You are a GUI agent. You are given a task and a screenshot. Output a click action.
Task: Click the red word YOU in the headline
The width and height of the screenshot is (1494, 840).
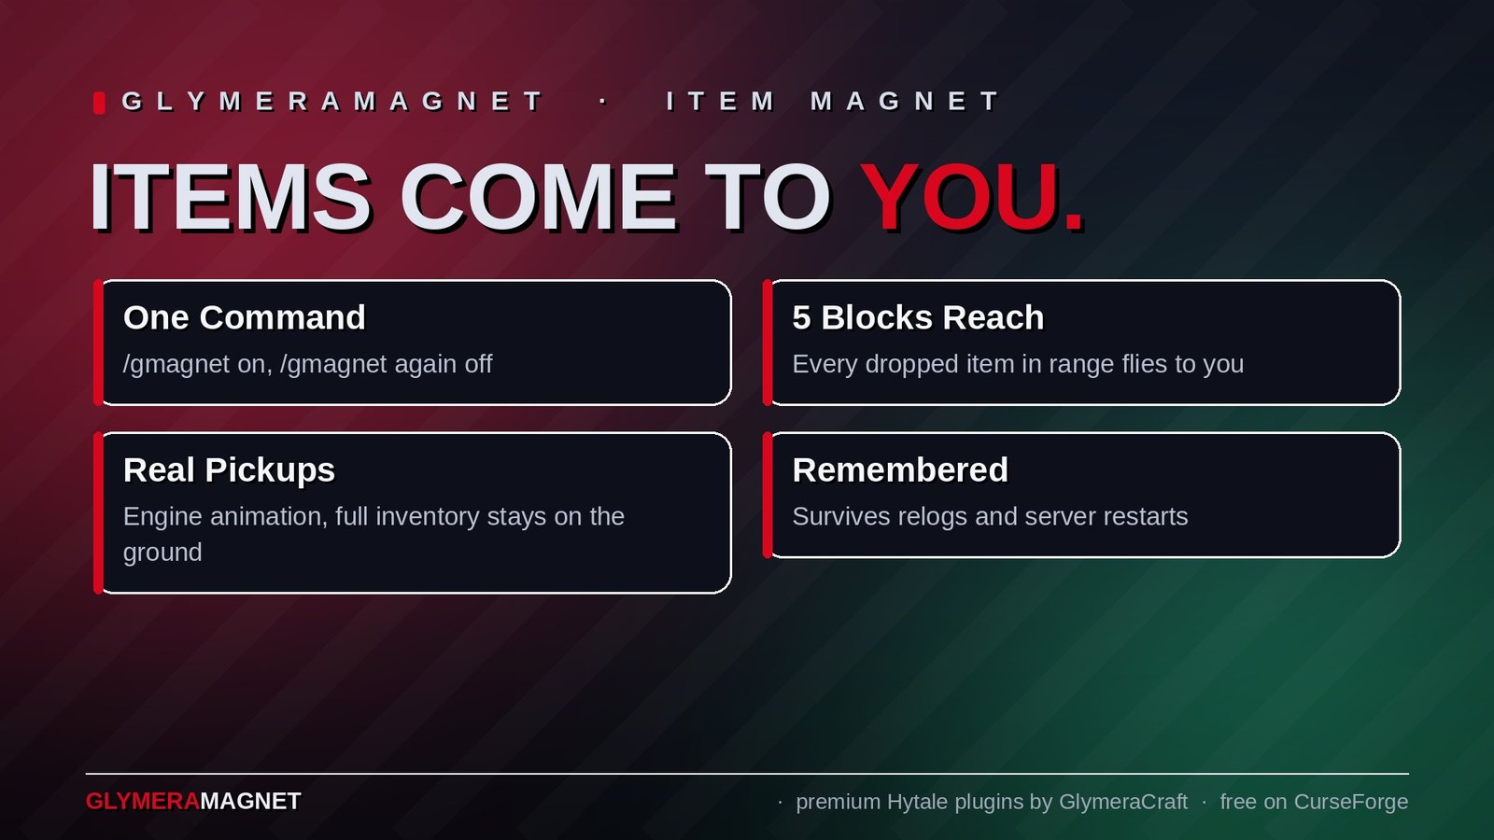click(959, 197)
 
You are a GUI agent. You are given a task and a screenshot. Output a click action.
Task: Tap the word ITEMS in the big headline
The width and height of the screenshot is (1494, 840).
click(230, 197)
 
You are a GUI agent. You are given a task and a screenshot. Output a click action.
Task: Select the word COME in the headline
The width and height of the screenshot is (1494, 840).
click(538, 197)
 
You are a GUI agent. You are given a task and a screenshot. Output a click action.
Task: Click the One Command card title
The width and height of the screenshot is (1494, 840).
click(244, 317)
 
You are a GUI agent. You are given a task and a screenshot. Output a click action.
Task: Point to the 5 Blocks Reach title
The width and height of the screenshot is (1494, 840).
click(918, 317)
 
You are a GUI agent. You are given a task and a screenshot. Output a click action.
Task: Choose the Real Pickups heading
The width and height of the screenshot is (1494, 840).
click(229, 470)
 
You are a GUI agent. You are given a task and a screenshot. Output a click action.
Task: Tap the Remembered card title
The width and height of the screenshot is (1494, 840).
click(900, 470)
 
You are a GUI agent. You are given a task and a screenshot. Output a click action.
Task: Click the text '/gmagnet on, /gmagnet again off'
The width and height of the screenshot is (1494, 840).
click(307, 365)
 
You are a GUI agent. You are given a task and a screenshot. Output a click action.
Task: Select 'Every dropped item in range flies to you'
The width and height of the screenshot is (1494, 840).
click(1018, 365)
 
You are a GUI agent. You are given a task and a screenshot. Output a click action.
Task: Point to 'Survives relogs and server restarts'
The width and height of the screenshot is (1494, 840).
click(990, 517)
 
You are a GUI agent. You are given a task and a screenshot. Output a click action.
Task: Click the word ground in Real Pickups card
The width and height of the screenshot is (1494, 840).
click(162, 553)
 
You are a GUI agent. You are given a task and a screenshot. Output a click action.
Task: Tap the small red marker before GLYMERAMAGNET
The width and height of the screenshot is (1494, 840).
click(99, 103)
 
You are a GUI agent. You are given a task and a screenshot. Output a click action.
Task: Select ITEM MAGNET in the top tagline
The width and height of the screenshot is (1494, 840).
click(832, 102)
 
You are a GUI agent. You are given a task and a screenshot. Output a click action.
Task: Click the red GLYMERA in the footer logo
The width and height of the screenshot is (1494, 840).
click(143, 802)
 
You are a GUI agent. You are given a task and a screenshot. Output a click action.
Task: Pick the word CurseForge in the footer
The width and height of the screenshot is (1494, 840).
click(1350, 802)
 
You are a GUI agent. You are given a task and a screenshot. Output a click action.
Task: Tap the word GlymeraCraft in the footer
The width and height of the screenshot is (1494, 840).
click(1123, 802)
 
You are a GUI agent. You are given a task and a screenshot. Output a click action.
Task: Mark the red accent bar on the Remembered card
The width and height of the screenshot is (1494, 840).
click(768, 495)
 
